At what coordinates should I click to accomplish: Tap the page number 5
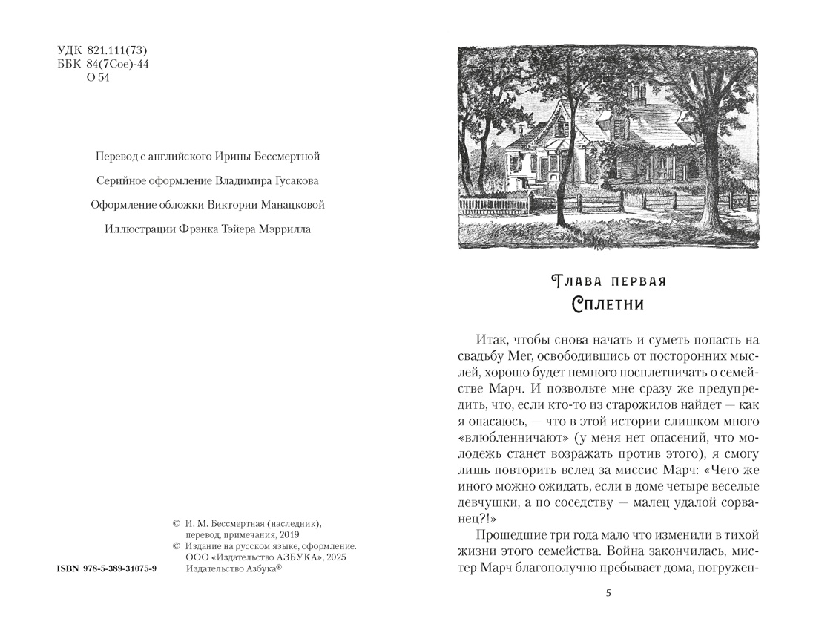pyautogui.click(x=609, y=593)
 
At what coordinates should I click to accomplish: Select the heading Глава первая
pyautogui.click(x=609, y=282)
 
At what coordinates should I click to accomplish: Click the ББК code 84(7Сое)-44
pyautogui.click(x=124, y=64)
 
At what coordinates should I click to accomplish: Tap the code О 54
pyautogui.click(x=98, y=77)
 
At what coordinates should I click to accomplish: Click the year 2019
pyautogui.click(x=286, y=534)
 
